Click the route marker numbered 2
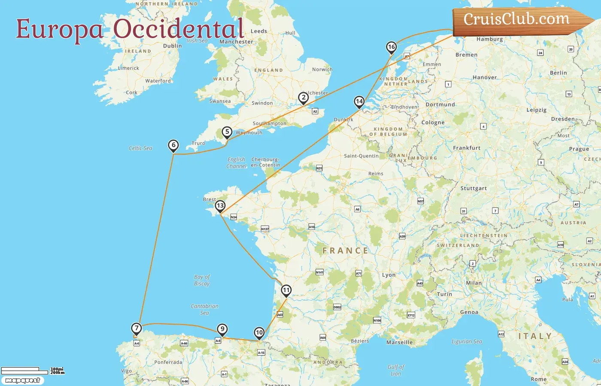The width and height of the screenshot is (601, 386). coord(304,98)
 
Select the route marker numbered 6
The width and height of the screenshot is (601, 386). coord(173,145)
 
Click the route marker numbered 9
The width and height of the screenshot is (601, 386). coord(222,329)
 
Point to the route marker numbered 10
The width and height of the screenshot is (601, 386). coord(259,333)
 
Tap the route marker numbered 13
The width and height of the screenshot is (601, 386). coord(220,206)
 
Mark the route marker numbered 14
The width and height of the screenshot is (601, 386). coord(359,102)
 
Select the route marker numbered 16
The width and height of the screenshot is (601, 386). coord(391,47)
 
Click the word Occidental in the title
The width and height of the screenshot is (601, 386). coord(179,29)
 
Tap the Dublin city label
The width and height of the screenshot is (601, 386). coord(173,46)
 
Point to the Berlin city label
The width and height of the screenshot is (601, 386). coord(558,73)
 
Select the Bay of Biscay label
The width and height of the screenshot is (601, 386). coord(202,280)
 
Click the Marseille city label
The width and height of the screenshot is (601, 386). coord(399,342)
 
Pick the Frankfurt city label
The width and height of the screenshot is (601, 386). coord(467,148)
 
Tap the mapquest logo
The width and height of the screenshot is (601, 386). coord(22,380)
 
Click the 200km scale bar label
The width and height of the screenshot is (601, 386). coord(58,373)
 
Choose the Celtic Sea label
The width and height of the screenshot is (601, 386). coord(140,148)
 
